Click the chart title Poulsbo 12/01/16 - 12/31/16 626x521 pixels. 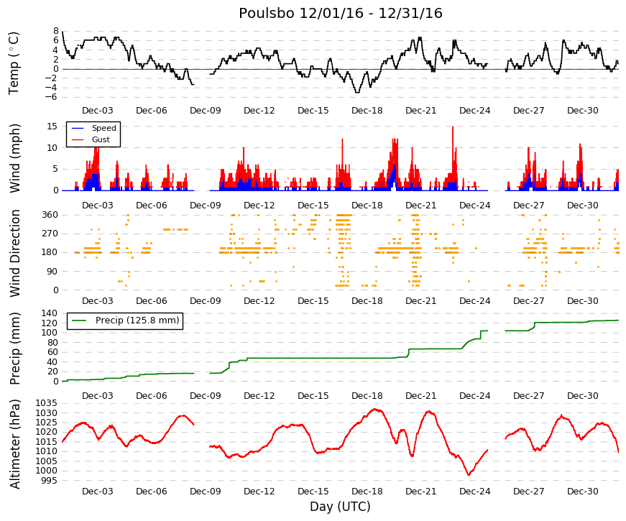(341, 13)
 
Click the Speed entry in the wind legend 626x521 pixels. (103, 128)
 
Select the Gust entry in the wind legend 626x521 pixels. (101, 139)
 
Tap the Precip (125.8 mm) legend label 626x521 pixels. (137, 321)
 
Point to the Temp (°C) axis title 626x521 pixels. (14, 63)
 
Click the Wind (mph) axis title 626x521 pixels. (15, 158)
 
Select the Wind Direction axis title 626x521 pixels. (15, 253)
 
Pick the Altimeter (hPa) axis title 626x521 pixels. (15, 444)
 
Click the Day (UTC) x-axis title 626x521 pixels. (340, 507)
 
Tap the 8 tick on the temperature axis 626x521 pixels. (56, 31)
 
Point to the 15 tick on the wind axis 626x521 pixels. (52, 126)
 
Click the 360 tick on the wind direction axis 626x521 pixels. (50, 215)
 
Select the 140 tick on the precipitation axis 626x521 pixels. (50, 313)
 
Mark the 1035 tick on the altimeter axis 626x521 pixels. (47, 403)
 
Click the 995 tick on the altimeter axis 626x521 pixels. (50, 480)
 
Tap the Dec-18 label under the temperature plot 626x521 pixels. (367, 111)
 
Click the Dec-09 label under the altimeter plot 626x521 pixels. (206, 492)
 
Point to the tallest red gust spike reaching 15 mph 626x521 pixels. (453, 127)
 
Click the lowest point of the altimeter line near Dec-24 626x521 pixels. (469, 475)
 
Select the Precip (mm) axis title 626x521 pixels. (15, 349)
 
